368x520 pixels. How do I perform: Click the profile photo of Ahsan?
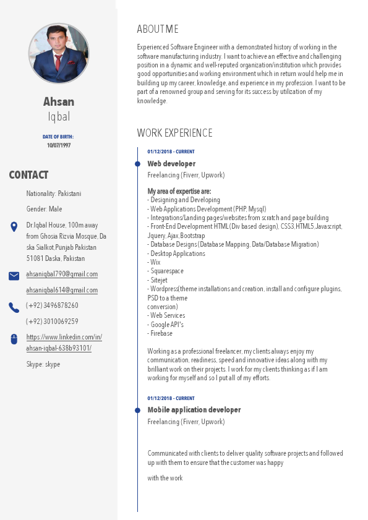tap(59, 54)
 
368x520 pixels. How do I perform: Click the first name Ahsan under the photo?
tap(59, 101)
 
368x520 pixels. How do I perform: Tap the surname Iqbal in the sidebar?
tap(59, 117)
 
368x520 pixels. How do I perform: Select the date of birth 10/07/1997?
tap(59, 145)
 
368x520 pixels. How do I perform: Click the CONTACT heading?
tap(28, 175)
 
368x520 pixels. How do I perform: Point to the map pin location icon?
tap(14, 227)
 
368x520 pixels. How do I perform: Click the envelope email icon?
tap(14, 276)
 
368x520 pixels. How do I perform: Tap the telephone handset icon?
tap(14, 307)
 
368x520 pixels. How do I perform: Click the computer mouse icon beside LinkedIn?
tap(14, 339)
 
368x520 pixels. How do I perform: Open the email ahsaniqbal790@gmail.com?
tap(62, 274)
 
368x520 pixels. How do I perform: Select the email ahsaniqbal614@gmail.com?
tap(62, 290)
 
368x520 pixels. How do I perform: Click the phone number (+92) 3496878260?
tap(52, 305)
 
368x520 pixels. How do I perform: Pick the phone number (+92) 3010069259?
tap(52, 322)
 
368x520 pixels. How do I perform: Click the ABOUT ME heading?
tap(158, 29)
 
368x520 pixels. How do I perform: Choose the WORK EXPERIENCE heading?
tap(174, 133)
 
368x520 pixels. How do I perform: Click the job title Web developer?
tap(171, 164)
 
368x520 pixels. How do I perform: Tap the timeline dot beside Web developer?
tap(137, 164)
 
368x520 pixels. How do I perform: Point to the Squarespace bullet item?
tap(166, 271)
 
